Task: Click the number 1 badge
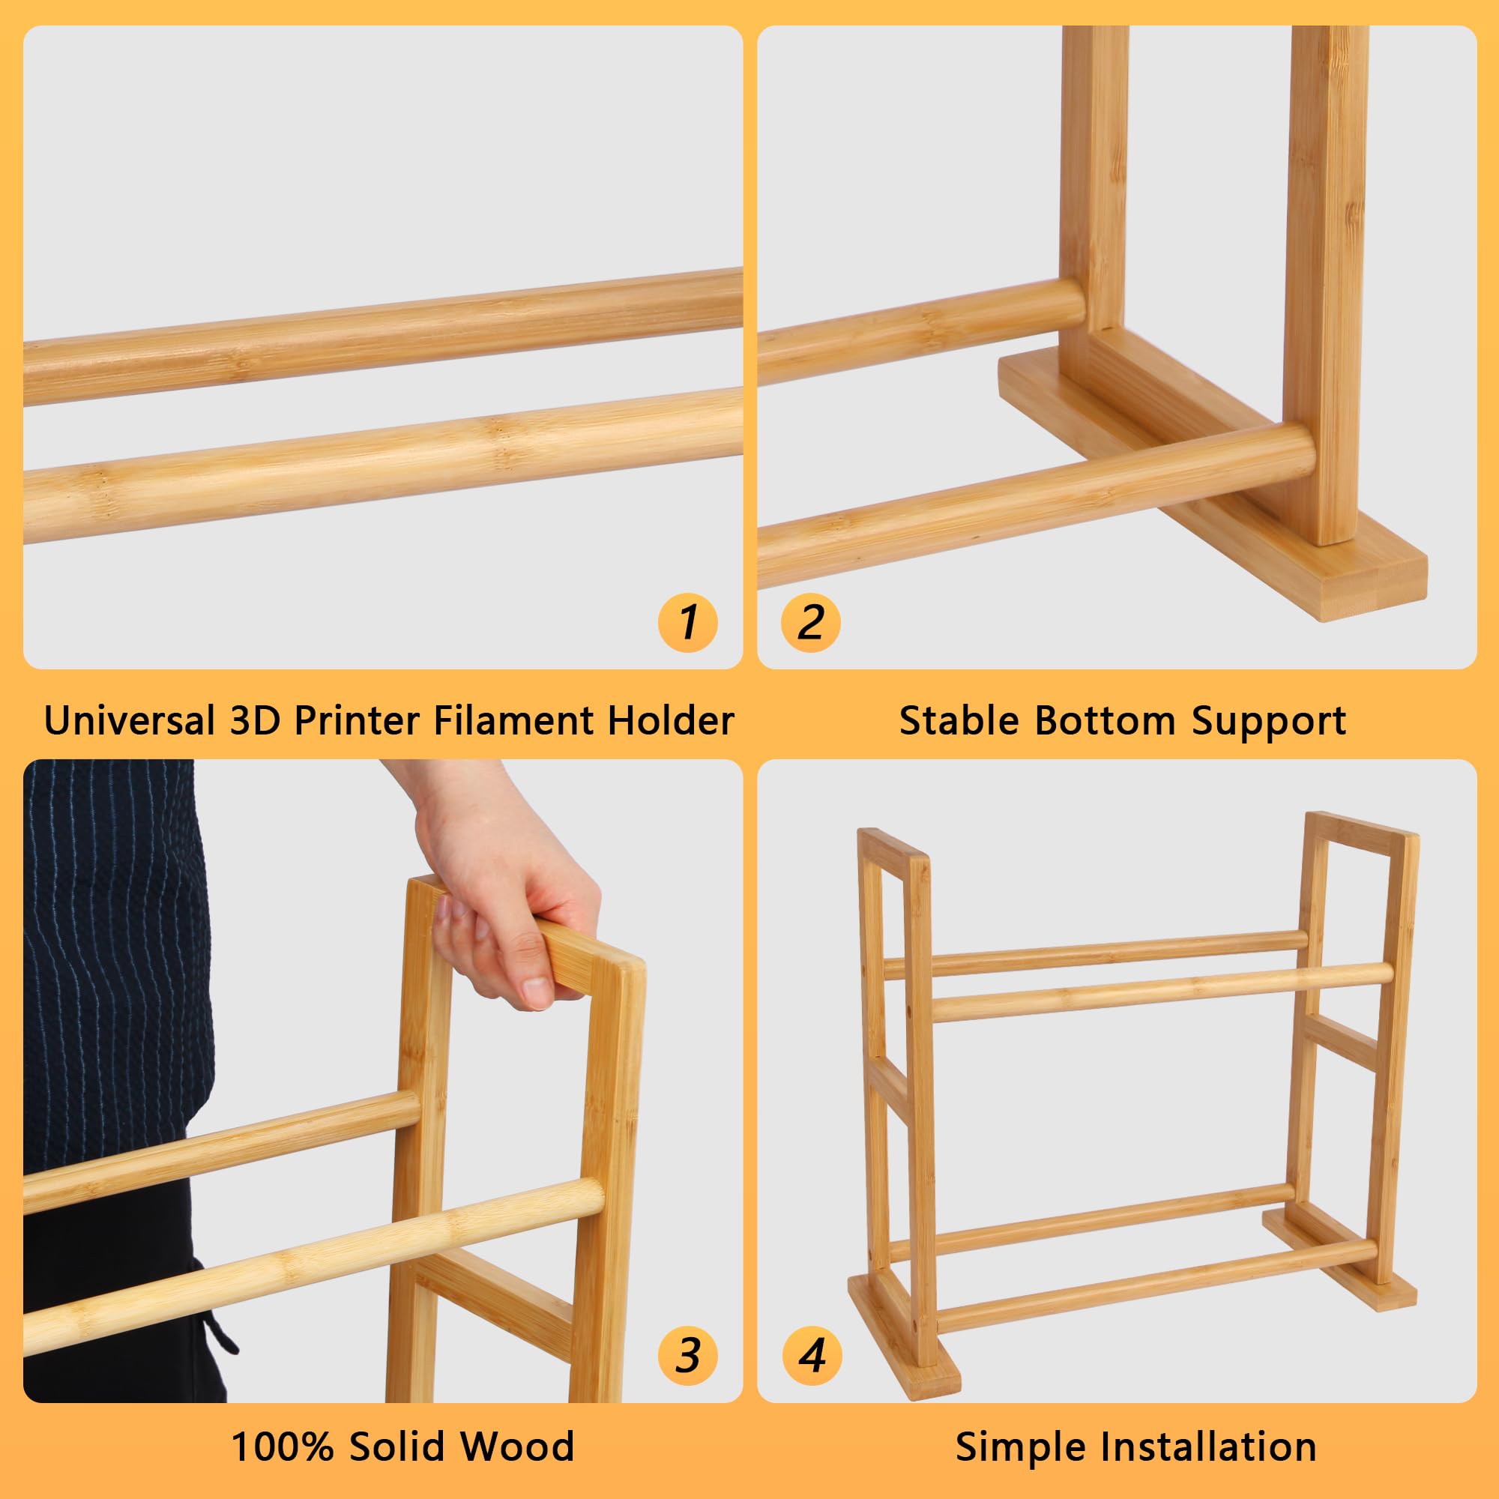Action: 687,622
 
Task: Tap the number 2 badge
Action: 811,622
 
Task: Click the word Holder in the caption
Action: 669,720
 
